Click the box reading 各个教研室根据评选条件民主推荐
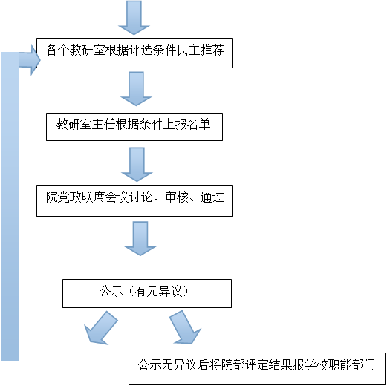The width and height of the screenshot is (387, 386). click(134, 53)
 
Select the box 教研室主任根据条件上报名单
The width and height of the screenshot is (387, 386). click(134, 127)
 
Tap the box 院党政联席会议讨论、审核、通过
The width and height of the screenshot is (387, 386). click(134, 200)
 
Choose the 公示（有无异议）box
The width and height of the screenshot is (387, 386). click(147, 294)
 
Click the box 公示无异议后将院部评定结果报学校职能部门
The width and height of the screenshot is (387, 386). click(257, 368)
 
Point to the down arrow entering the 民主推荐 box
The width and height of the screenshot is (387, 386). click(134, 17)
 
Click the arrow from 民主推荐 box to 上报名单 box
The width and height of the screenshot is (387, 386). click(136, 89)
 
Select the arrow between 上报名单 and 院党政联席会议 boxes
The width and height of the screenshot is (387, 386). click(137, 165)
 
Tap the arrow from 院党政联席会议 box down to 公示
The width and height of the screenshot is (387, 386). click(140, 238)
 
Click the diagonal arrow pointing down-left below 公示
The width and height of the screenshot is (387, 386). click(100, 328)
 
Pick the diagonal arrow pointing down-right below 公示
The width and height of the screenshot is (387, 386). click(185, 327)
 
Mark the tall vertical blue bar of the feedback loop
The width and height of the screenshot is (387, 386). click(10, 206)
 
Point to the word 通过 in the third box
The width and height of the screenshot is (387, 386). click(212, 197)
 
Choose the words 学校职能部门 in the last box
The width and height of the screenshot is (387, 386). click(339, 365)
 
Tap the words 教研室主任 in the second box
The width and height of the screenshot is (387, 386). click(85, 124)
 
